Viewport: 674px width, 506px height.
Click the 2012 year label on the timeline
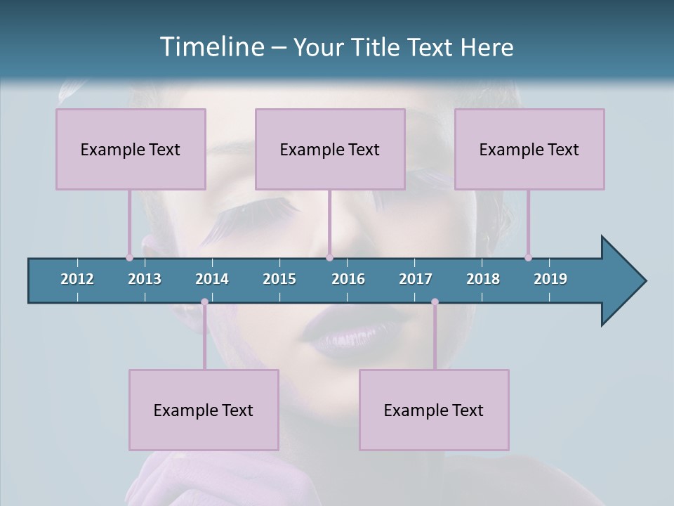[77, 279]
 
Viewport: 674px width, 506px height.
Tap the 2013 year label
[145, 279]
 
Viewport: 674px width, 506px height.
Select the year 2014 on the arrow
[212, 279]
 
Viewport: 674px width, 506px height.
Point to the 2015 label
[279, 279]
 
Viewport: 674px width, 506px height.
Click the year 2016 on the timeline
[348, 279]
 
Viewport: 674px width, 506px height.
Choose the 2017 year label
[416, 279]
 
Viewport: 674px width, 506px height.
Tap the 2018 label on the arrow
[483, 279]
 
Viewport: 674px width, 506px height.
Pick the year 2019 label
[550, 279]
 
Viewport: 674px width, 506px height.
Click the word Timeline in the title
[211, 47]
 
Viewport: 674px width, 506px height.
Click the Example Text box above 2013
[131, 149]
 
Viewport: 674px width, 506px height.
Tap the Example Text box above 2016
[330, 149]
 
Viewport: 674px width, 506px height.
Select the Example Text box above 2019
[529, 149]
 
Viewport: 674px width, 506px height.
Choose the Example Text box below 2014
[204, 410]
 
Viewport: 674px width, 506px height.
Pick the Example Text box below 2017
[434, 410]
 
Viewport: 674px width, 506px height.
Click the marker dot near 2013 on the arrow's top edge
[130, 257]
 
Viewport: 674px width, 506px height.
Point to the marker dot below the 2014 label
[204, 302]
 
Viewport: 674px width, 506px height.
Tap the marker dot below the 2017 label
[435, 302]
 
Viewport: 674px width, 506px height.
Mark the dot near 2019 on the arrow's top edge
[529, 257]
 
